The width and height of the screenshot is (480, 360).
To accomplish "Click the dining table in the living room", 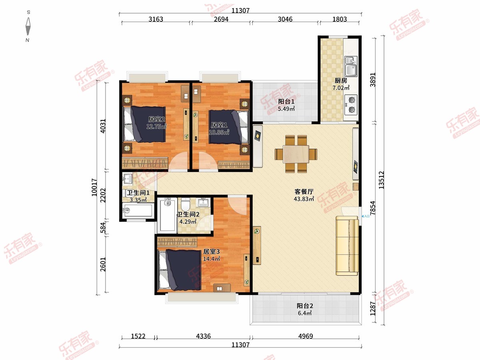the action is point(296,154).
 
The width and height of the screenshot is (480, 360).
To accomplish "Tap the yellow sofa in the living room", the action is point(347,246).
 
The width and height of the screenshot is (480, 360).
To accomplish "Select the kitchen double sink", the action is point(351,66).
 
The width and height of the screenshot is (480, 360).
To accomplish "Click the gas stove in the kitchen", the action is point(351,105).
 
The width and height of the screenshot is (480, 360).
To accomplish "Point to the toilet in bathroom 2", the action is point(186,204).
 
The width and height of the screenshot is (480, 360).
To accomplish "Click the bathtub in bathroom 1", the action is point(137,210).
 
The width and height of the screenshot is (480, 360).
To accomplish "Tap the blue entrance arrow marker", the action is point(362,216).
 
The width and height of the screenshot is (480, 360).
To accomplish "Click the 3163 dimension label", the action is point(156,19).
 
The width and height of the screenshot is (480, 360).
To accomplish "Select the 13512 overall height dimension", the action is point(381,180).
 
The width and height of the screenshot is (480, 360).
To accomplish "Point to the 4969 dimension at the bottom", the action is point(306,336).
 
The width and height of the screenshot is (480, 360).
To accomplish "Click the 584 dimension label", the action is point(103,228).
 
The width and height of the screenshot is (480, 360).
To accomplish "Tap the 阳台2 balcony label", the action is point(305,306).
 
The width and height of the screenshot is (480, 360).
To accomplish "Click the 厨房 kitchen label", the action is point(341,81).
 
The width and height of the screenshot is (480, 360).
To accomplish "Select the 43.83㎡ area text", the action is point(304,199).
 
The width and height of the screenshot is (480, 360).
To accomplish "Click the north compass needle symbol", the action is point(28,26).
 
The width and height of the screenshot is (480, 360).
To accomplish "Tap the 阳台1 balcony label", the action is point(286,102).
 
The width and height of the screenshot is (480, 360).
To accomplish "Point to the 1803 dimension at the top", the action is point(339,19).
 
